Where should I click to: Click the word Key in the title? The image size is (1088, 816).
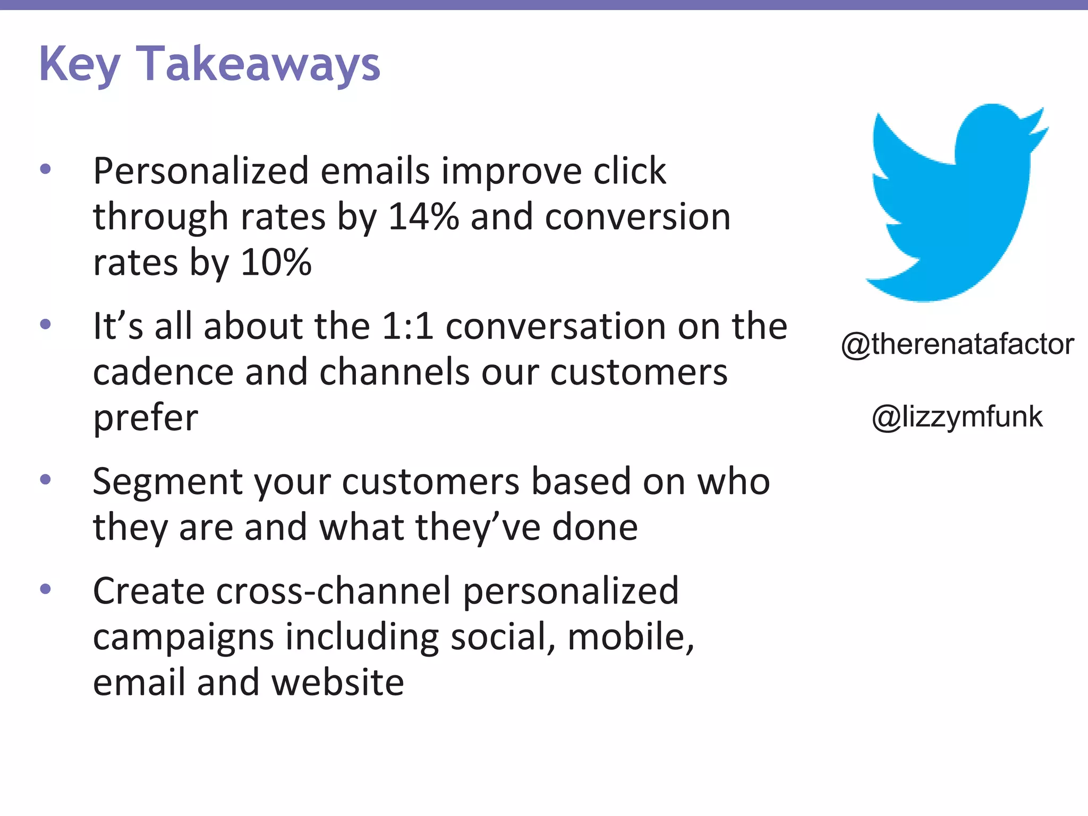(x=80, y=65)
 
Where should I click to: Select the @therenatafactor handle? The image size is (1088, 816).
(x=957, y=344)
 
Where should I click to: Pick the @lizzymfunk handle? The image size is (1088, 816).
(x=957, y=416)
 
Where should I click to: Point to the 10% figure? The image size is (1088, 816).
(x=276, y=262)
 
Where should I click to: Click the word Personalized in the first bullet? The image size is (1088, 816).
(x=201, y=171)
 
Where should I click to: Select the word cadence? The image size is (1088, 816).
(x=163, y=372)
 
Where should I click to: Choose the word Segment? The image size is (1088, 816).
(x=167, y=482)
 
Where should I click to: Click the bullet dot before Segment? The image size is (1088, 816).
(x=46, y=480)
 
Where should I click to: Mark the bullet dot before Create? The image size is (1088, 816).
(x=46, y=589)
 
